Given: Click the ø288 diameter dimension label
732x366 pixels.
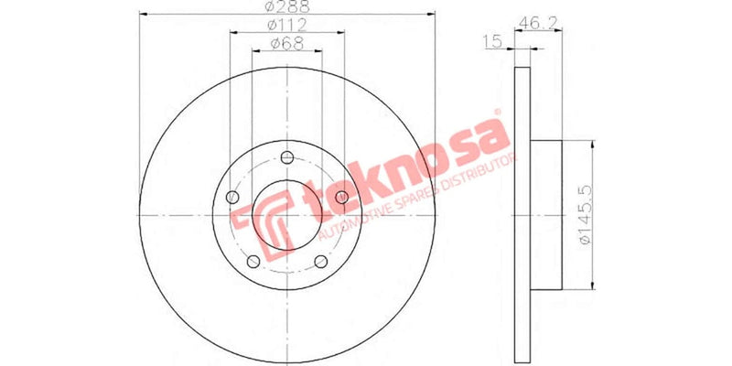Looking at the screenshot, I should [286, 6].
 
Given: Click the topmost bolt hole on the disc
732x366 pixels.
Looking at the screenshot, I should [287, 155].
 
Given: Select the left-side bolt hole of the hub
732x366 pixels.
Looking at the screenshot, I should [231, 198].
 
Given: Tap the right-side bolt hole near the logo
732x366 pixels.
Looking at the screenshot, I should [342, 198].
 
